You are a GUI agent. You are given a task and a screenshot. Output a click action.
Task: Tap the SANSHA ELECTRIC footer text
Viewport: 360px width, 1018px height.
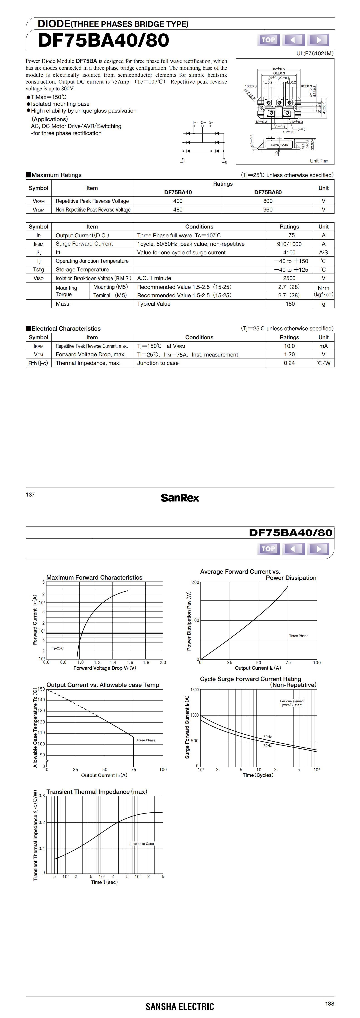(x=180, y=1006)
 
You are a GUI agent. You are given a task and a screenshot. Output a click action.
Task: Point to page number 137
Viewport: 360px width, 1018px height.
(x=30, y=494)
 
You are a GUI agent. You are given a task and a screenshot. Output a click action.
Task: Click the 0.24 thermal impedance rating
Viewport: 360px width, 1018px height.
(x=289, y=363)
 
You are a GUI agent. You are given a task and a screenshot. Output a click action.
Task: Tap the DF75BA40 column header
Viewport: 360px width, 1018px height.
(x=178, y=192)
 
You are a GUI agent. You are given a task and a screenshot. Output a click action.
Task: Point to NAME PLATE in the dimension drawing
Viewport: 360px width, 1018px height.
(x=279, y=145)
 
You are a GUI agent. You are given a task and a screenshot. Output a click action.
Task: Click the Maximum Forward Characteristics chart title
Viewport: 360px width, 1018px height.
(x=94, y=577)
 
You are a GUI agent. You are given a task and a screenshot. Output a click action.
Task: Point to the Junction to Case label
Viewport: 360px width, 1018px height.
(x=141, y=844)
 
